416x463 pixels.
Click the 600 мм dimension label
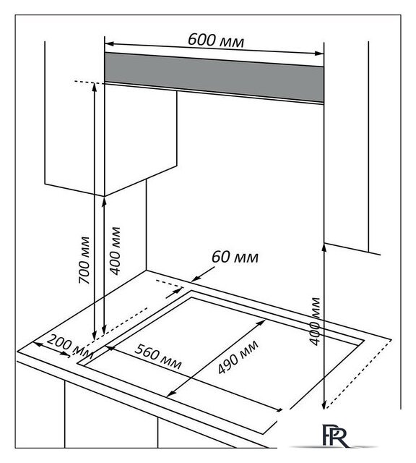216,40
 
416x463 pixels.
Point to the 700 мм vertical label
84,260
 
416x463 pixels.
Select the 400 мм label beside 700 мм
116,251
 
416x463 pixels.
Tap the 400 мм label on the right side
315,321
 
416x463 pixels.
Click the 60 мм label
235,257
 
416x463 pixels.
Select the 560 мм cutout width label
157,357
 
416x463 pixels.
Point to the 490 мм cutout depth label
238,357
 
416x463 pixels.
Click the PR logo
335,436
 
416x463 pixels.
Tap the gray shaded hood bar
214,77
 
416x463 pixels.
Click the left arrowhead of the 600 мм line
109,44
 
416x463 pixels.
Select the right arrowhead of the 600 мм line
319,54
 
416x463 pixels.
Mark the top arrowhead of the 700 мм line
94,88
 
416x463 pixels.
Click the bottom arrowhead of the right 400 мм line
324,405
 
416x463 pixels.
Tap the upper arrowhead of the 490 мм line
261,323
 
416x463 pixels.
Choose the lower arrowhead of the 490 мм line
171,394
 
